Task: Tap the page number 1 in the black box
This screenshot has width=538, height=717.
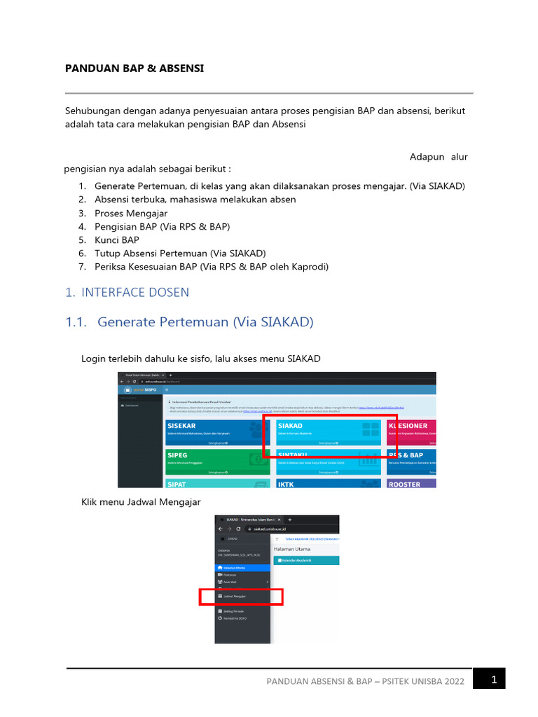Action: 494,678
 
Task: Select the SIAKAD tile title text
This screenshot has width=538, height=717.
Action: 291,426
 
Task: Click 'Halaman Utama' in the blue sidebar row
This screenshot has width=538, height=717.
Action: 235,567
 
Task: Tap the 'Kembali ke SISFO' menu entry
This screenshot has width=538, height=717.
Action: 235,618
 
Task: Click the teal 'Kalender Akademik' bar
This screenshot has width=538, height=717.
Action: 305,561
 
